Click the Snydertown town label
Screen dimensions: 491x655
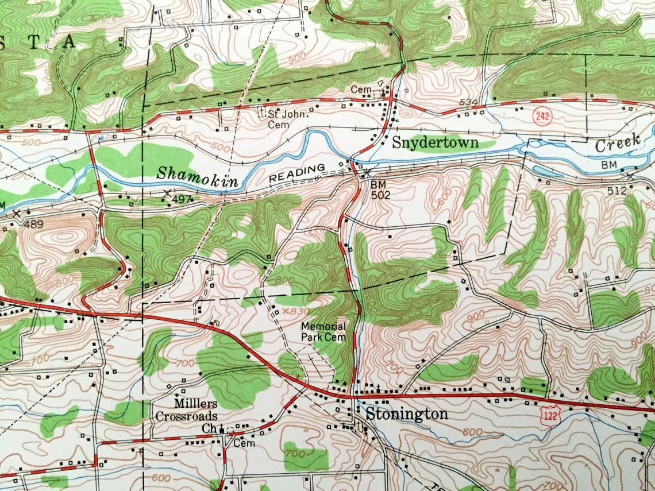pyautogui.click(x=435, y=142)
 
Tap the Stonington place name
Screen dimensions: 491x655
pyautogui.click(x=407, y=414)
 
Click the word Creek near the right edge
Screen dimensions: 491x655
pyautogui.click(x=617, y=143)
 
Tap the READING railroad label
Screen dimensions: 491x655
pyautogui.click(x=298, y=173)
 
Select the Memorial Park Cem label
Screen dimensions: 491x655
pyautogui.click(x=323, y=332)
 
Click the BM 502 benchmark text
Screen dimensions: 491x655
pyautogui.click(x=380, y=190)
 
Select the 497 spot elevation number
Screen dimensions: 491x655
pyautogui.click(x=181, y=199)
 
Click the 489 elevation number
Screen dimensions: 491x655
pyautogui.click(x=34, y=225)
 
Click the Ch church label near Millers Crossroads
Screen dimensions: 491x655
pyautogui.click(x=208, y=429)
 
